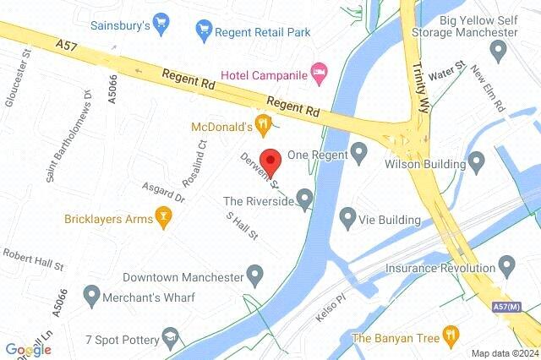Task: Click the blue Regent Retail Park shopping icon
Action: click(203, 32)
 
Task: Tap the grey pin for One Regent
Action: click(359, 154)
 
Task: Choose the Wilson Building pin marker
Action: click(477, 160)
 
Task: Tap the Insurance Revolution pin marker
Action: click(507, 266)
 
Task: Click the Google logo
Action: click(28, 350)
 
